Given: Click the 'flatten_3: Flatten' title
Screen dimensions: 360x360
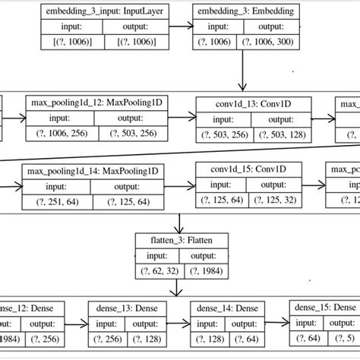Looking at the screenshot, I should tap(179, 239).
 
